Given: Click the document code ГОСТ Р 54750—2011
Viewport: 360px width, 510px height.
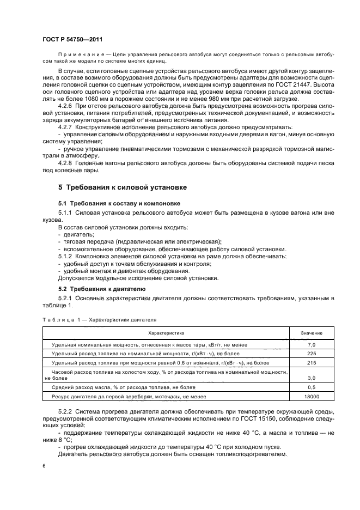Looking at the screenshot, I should pyautogui.click(x=72, y=40).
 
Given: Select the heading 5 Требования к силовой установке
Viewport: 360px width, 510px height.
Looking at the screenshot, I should pyautogui.click(x=123, y=187).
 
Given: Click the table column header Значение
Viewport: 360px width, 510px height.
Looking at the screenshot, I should pyautogui.click(x=312, y=332).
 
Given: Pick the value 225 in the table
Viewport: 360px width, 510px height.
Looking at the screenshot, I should pyautogui.click(x=312, y=354).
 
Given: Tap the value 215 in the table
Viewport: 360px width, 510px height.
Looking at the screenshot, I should pyautogui.click(x=312, y=362).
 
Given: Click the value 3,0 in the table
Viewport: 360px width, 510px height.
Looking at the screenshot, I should pyautogui.click(x=312, y=377).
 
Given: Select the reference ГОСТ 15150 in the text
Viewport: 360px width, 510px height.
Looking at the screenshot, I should pyautogui.click(x=241, y=417).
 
